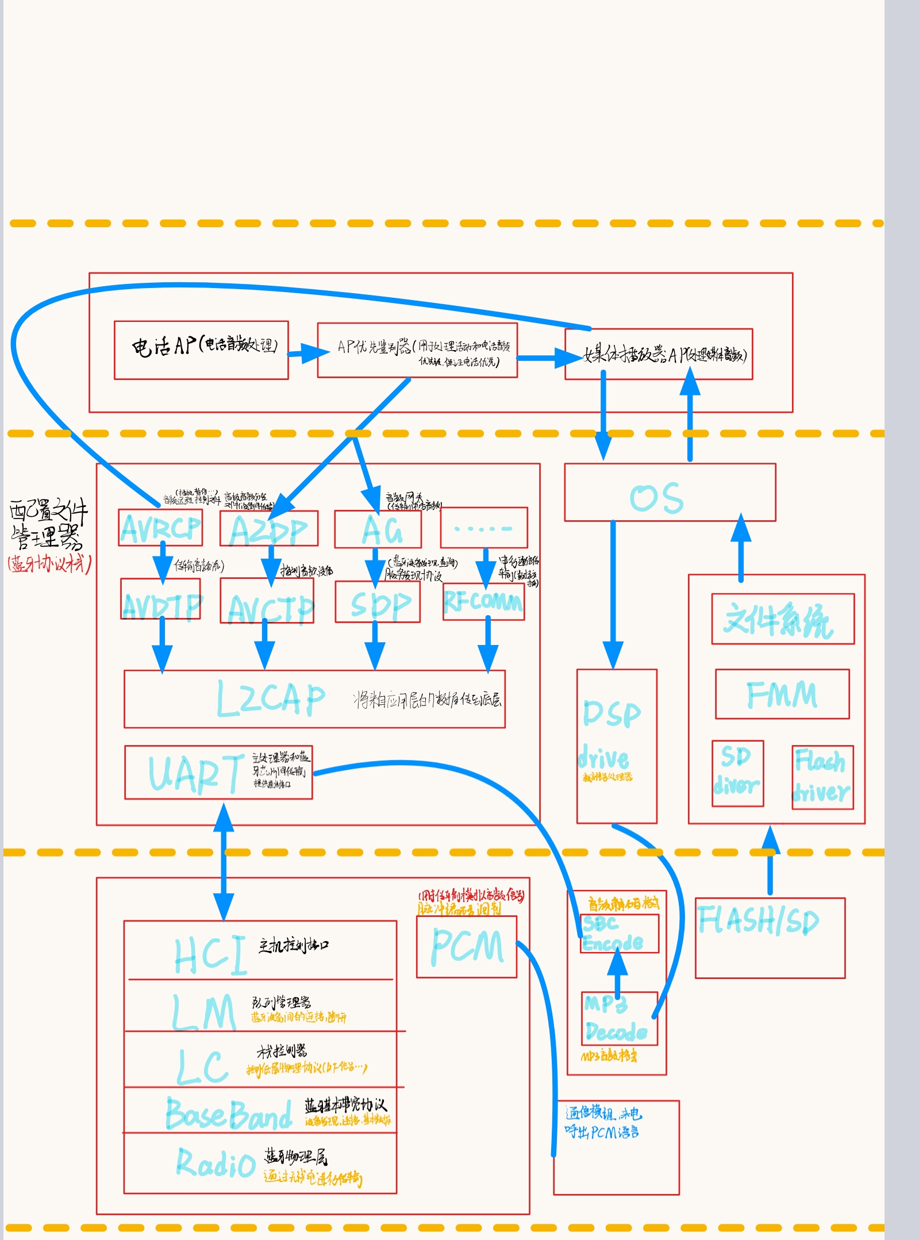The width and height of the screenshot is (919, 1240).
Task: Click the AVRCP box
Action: tap(160, 528)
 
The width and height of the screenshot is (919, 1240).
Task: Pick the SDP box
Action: tap(378, 602)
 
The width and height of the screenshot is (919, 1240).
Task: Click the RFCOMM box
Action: tap(483, 602)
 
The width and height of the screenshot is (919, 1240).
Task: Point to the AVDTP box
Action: tap(161, 600)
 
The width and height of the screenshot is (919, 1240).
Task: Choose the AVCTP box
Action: tap(267, 601)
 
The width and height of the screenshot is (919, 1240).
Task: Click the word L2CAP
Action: tap(270, 699)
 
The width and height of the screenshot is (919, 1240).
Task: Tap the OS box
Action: tap(670, 493)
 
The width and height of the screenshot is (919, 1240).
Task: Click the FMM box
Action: tap(782, 694)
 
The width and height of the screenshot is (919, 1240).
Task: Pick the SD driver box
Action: tap(737, 774)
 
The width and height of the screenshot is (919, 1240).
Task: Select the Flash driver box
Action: tap(822, 777)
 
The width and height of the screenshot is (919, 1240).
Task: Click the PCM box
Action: tap(467, 946)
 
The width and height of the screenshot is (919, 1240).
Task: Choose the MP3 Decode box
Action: tap(619, 1019)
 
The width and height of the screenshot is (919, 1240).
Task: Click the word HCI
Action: tap(210, 955)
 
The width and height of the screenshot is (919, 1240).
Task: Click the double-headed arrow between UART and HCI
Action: tap(224, 862)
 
